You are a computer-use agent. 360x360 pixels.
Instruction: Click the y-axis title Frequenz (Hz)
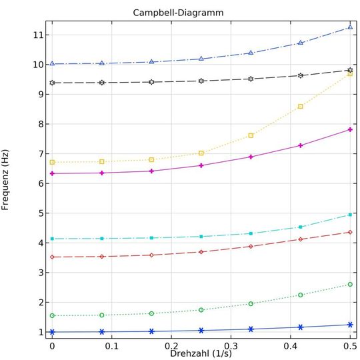coord(6,180)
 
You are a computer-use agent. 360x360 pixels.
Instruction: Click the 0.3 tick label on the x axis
coord(231,347)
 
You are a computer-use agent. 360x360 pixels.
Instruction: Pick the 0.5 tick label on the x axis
coord(349,347)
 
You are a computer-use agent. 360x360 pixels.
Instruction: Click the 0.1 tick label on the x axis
coord(111,347)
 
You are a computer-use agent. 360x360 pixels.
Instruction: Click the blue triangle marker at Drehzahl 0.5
coord(350,27)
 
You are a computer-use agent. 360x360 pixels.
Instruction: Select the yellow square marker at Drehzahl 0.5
coord(350,73)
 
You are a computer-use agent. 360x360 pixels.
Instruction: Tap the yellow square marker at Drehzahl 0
coord(52,162)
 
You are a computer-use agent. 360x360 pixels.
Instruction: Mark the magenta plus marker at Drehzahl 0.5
coord(350,129)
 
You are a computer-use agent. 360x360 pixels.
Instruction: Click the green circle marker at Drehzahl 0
coord(52,315)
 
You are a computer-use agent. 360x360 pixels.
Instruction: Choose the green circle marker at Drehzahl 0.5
coord(350,284)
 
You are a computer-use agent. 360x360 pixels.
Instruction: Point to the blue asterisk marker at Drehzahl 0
coord(52,332)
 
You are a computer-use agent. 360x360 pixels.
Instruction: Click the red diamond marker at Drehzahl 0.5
coord(350,232)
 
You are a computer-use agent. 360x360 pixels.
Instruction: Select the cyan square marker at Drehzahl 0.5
coord(350,215)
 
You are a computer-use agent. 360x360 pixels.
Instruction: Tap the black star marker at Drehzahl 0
coord(52,83)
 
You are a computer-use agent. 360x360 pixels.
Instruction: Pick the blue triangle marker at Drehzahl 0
coord(52,64)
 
